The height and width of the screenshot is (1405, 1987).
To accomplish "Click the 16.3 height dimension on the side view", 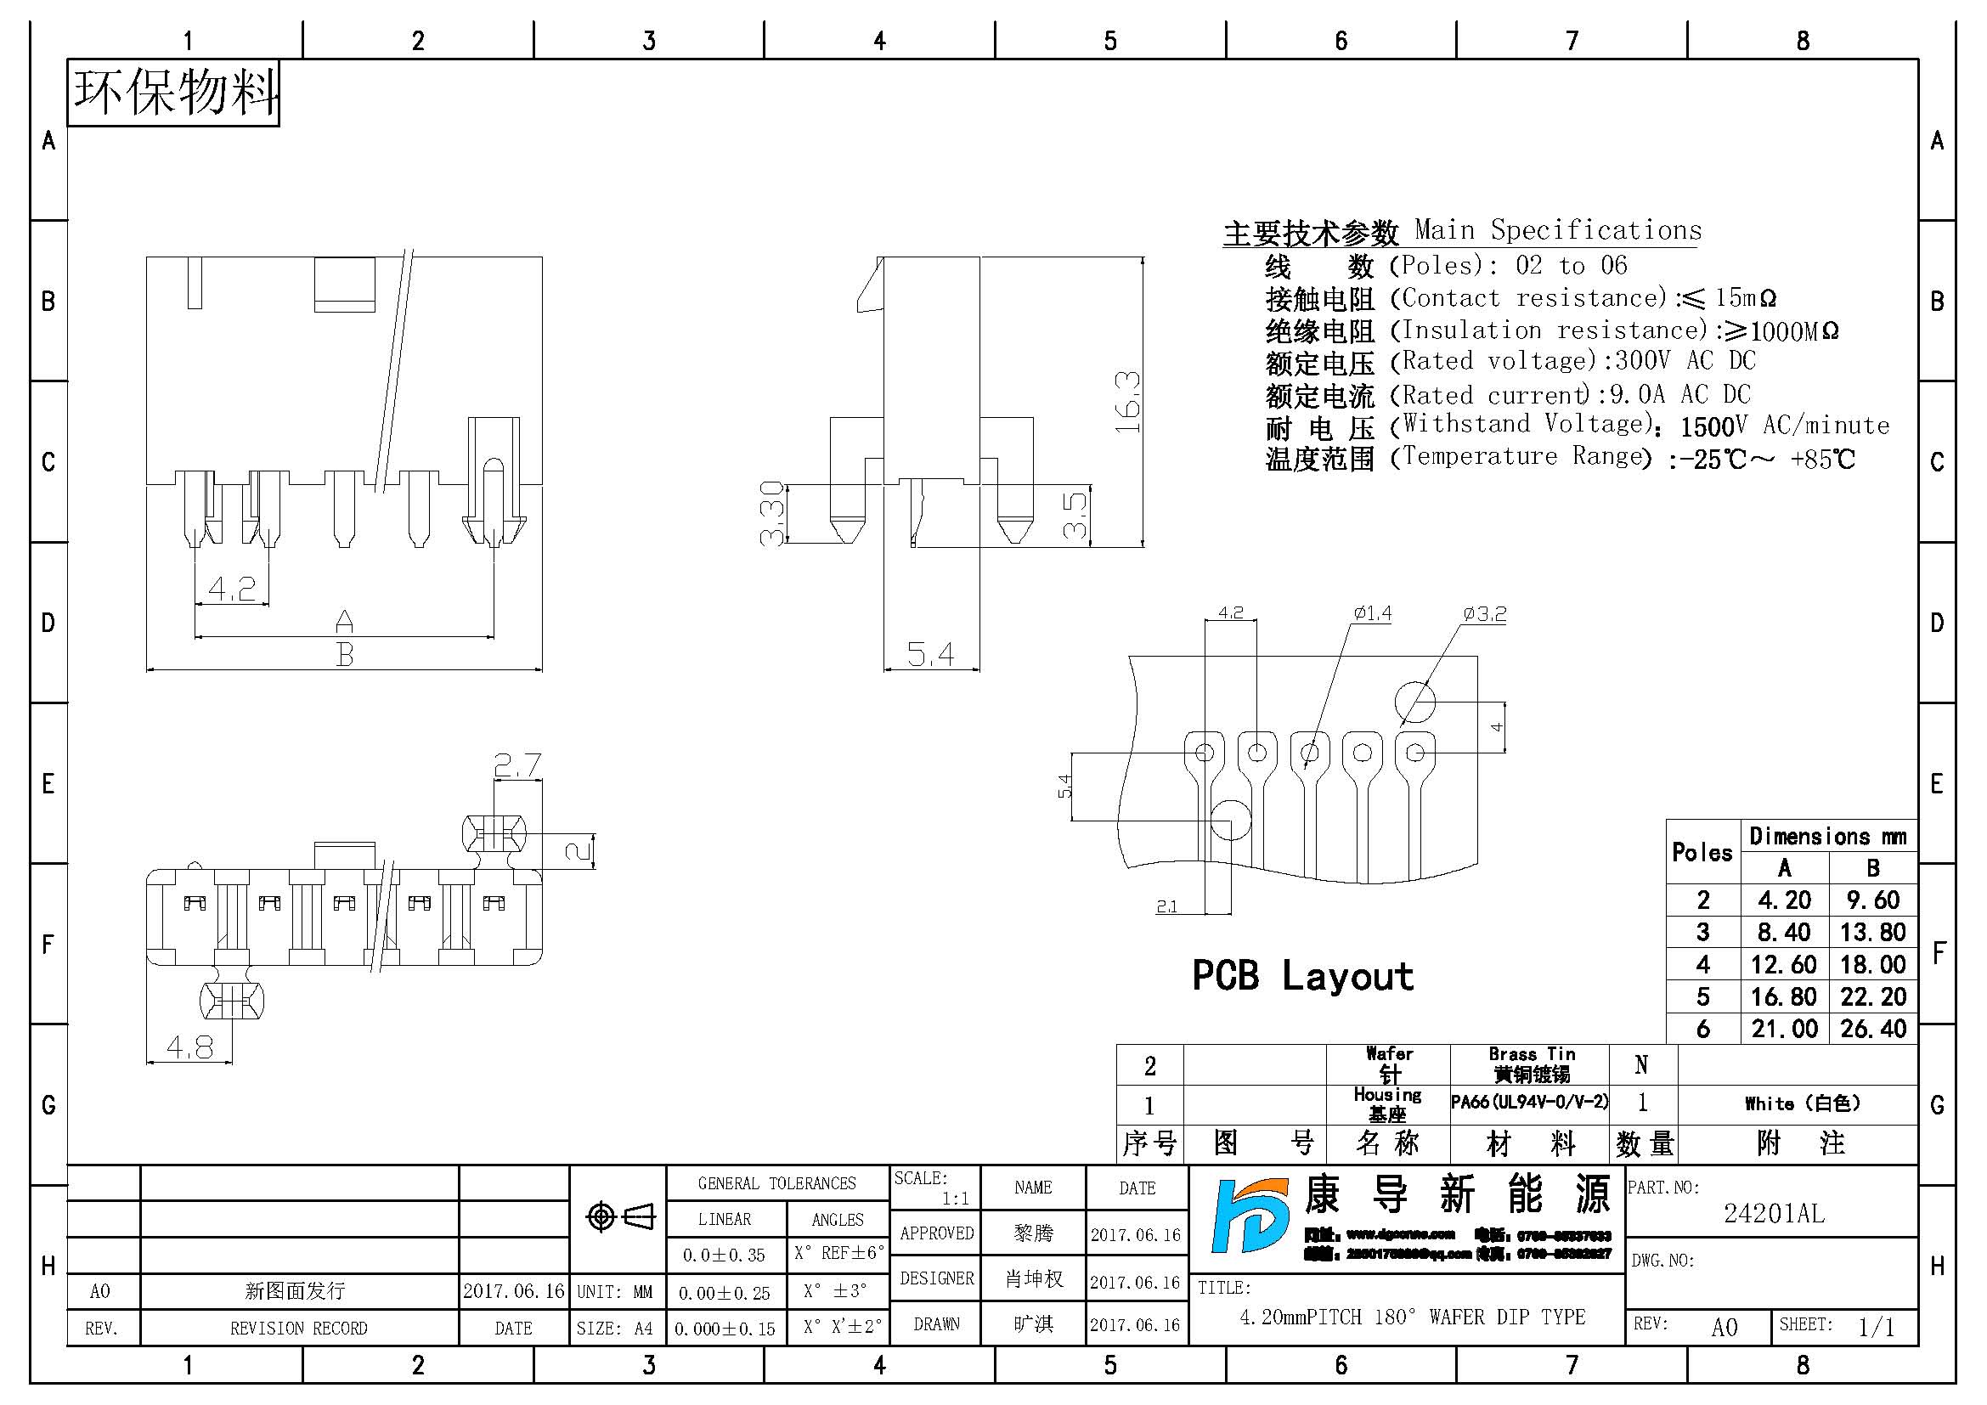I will point(1127,403).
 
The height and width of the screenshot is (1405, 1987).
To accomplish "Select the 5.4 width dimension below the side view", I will point(930,654).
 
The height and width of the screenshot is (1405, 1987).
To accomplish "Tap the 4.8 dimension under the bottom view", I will point(189,1047).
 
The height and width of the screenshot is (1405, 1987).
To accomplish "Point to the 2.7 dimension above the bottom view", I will point(517,765).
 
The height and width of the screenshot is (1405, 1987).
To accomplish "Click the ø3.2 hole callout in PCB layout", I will point(1484,614).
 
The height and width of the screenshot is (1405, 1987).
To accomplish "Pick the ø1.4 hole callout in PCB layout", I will point(1373,613).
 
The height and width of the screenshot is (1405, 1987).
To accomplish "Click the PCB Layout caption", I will point(1302,976).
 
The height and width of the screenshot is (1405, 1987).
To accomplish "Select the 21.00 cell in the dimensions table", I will point(1784,1029).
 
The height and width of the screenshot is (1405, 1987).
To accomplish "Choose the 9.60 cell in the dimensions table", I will point(1873,900).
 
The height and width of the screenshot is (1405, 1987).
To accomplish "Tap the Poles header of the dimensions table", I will point(1702,852).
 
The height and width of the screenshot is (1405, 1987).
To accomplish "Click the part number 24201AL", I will point(1774,1214).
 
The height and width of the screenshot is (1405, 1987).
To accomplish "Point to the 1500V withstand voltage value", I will point(1713,426).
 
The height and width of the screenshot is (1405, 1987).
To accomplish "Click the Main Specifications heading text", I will point(1558,230).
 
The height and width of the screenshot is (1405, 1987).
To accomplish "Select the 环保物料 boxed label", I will point(174,93).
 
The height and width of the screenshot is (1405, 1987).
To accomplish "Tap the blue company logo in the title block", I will point(1247,1216).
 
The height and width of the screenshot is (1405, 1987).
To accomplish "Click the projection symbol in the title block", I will point(618,1216).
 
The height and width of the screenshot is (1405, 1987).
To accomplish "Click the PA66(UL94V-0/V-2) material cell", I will point(1529,1103).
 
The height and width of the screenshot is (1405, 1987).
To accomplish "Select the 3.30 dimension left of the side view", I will point(771,513).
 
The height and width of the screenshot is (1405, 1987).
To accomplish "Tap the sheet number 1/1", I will point(1876,1327).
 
